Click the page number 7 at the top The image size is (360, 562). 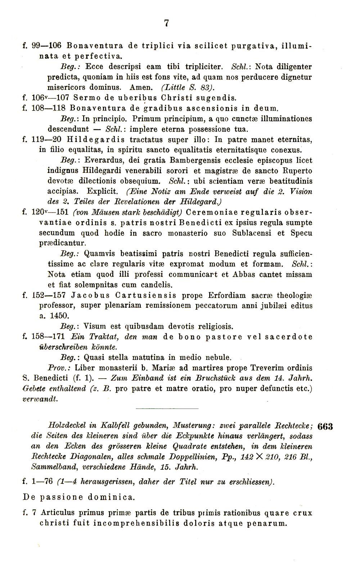click(x=166, y=23)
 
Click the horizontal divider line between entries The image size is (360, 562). click(x=167, y=409)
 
